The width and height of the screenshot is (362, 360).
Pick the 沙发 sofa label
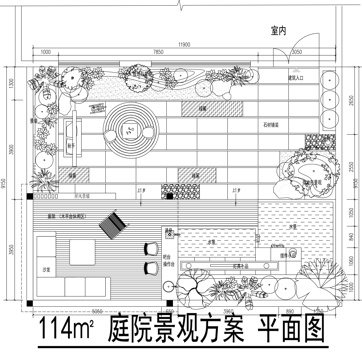[x=45, y=269]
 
